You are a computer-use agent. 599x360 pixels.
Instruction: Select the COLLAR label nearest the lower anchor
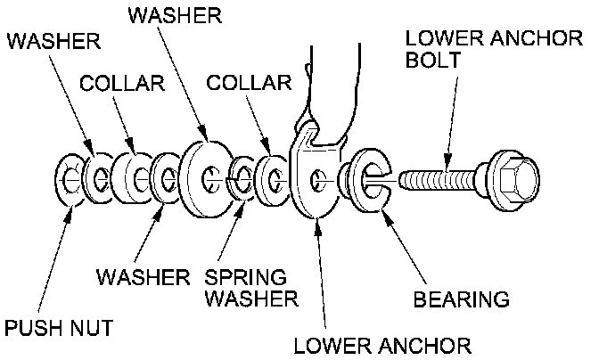pos(248,84)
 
